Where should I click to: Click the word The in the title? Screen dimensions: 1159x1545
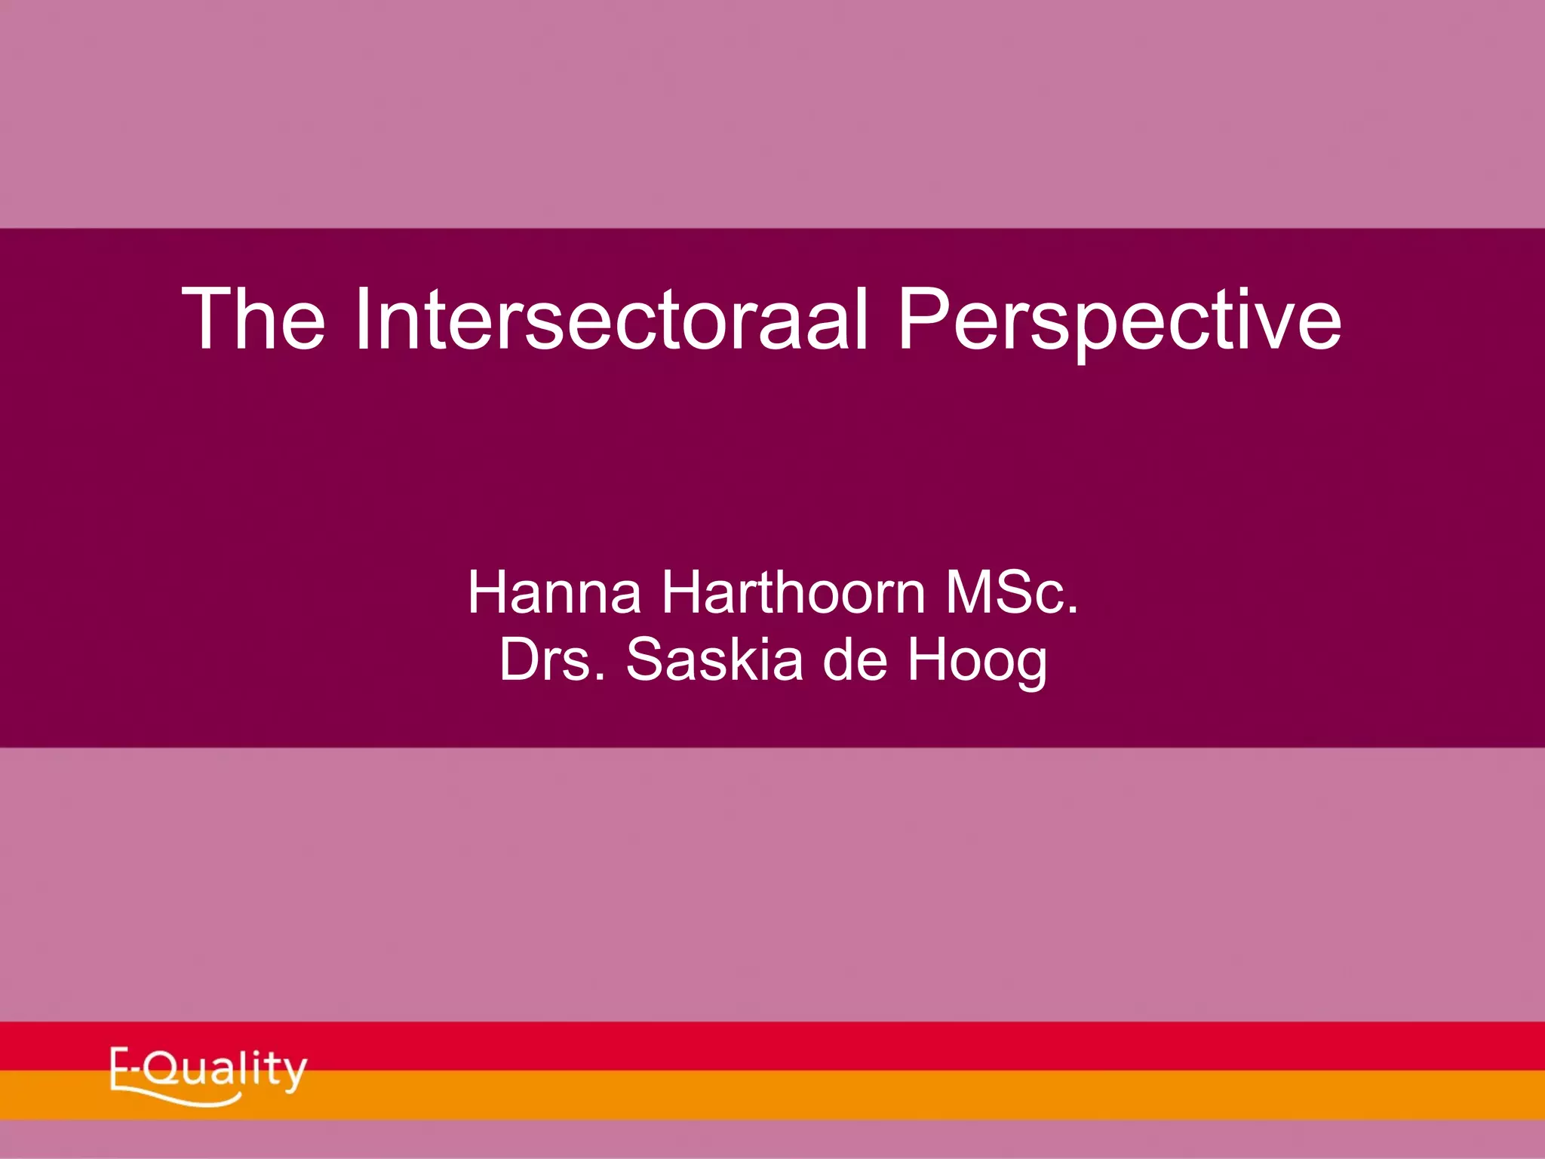coord(253,318)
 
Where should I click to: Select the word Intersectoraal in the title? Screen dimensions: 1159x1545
coord(611,318)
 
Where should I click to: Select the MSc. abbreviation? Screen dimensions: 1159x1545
coord(1012,593)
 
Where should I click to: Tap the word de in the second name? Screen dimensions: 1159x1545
coord(854,659)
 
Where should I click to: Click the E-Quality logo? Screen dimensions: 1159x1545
coord(208,1074)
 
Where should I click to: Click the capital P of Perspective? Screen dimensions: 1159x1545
coord(921,318)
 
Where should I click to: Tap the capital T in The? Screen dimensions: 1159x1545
coord(207,318)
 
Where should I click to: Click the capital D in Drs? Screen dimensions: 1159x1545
coord(520,659)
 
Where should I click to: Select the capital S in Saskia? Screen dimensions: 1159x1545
coord(646,659)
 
